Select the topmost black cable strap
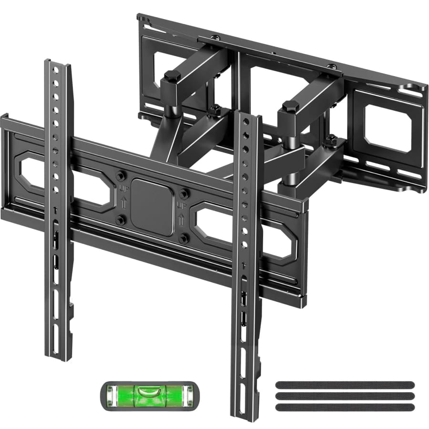pos(344,384)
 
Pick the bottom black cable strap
pos(344,407)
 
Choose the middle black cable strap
pos(344,395)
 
